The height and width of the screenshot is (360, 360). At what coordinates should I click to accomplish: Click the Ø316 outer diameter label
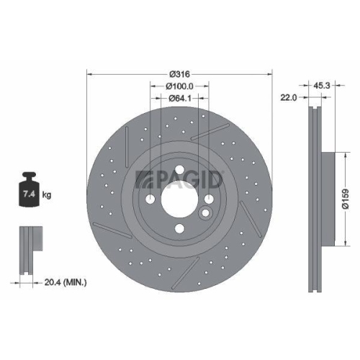[x=179, y=74]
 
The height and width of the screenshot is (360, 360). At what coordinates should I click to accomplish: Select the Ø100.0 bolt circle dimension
[x=179, y=86]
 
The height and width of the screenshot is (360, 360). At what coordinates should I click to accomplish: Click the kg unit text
[x=48, y=195]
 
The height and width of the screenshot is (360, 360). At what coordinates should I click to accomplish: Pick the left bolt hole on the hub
[x=150, y=201]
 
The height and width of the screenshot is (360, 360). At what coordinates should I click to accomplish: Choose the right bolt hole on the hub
[x=210, y=201]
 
